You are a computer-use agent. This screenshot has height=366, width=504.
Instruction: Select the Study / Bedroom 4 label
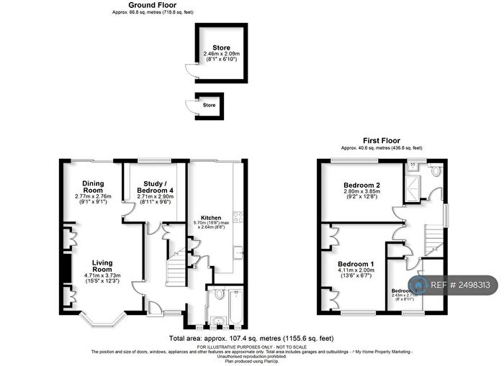[x=154, y=185]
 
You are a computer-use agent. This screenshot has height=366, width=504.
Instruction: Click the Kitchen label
[x=211, y=218]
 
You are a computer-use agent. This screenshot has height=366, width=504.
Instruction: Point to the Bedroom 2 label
[x=362, y=186]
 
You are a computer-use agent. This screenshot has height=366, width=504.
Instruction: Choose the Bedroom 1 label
[x=358, y=263]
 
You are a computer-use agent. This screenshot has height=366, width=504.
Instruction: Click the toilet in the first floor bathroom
[x=436, y=170]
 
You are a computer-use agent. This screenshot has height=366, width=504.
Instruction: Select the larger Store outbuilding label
[x=221, y=48]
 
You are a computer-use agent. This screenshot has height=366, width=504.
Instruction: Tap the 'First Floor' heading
[x=381, y=141]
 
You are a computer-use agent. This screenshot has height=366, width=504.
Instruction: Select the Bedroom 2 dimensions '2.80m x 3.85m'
[x=362, y=193]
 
